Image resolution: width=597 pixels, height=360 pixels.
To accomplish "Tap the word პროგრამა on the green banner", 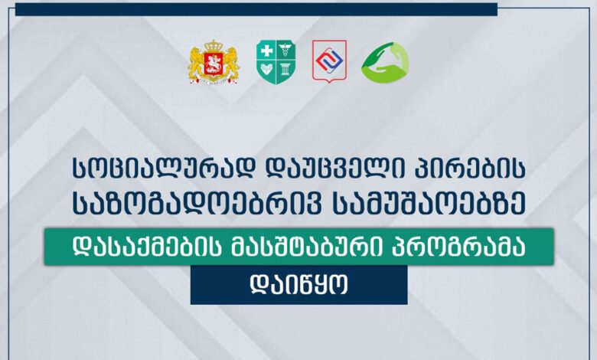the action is pyautogui.click(x=458, y=246).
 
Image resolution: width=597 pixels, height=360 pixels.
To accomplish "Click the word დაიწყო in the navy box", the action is pyautogui.click(x=298, y=285).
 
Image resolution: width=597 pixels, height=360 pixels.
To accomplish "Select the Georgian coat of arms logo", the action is pyautogui.click(x=214, y=62).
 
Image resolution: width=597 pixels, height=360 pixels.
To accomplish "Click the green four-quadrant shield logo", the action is pyautogui.click(x=276, y=62).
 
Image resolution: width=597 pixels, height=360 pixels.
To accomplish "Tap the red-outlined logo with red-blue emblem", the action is pyautogui.click(x=329, y=61).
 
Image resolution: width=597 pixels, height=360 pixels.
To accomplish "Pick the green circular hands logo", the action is pyautogui.click(x=384, y=62).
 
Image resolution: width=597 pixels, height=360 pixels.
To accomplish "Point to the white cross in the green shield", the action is pyautogui.click(x=266, y=51).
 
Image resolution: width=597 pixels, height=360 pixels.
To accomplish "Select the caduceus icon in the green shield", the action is pyautogui.click(x=285, y=50).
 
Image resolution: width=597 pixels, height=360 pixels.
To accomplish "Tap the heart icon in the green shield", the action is pyautogui.click(x=266, y=70).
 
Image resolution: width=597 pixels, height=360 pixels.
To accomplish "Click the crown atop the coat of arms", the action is pyautogui.click(x=214, y=45).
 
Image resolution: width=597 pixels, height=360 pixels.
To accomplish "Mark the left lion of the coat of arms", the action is pyautogui.click(x=196, y=63).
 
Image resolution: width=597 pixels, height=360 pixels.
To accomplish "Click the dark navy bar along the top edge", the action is pyautogui.click(x=256, y=9).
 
